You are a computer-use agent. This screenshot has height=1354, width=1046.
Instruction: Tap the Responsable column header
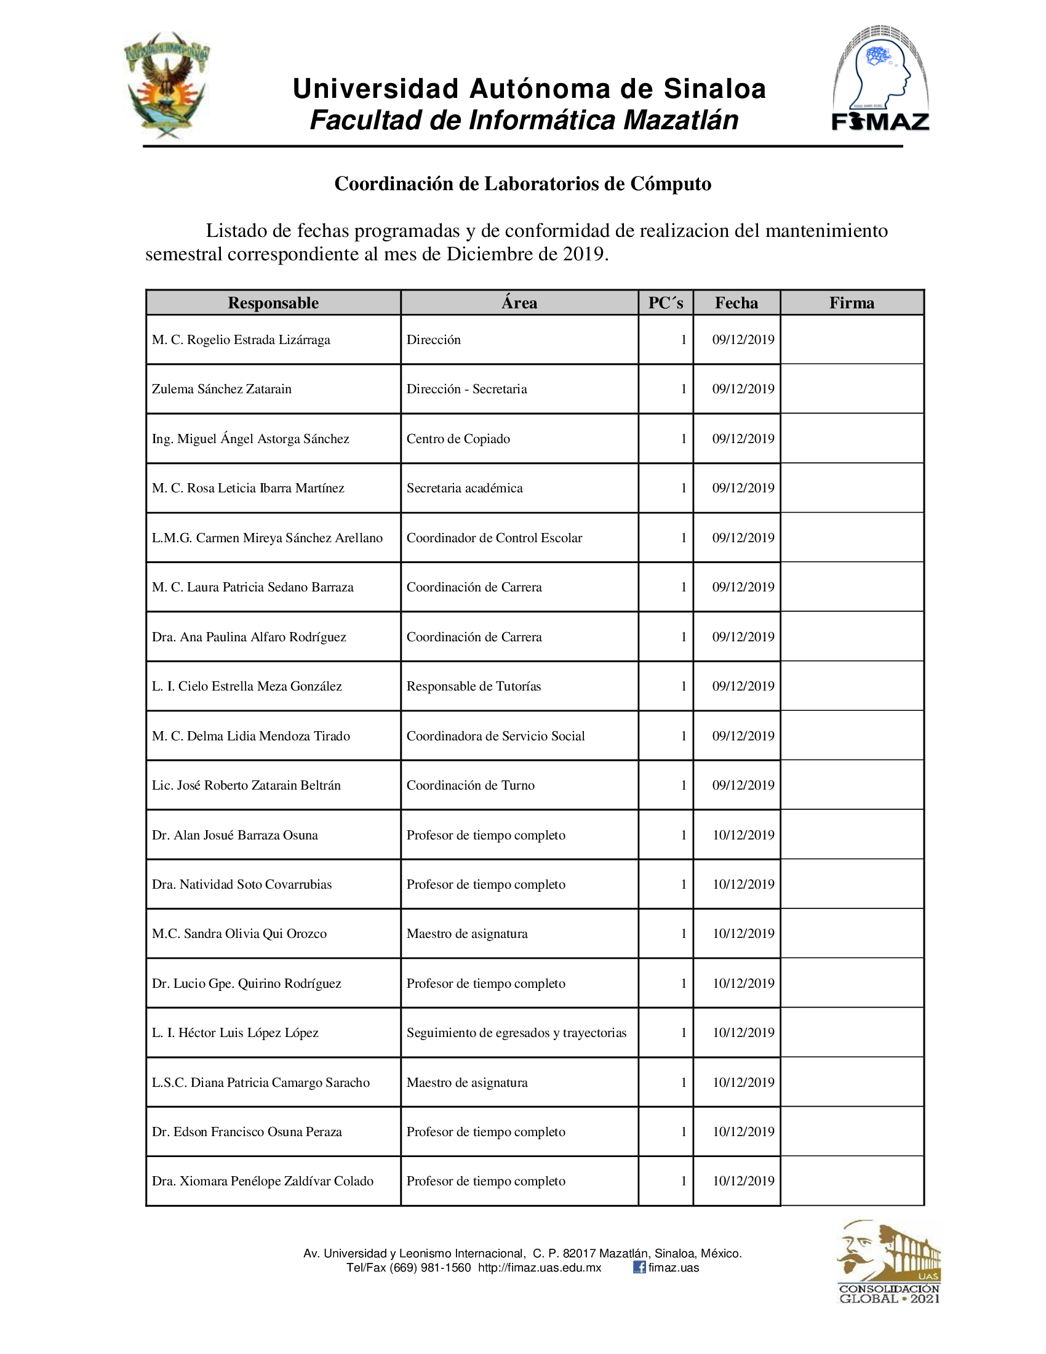[x=273, y=303]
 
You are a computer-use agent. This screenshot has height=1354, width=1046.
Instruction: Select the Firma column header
[x=852, y=303]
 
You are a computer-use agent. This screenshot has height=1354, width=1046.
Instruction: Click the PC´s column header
[x=666, y=303]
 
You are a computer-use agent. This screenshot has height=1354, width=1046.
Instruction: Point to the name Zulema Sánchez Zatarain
[x=222, y=390]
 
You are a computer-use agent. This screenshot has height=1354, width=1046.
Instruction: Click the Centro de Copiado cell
[x=458, y=439]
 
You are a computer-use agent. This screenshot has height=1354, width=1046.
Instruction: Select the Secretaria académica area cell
[x=464, y=489]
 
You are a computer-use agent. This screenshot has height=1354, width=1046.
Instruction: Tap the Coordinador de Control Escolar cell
[x=494, y=538]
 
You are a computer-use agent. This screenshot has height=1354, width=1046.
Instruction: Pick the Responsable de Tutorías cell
[x=473, y=686]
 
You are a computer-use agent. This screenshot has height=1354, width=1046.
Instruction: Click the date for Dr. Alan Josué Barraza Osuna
[x=743, y=835]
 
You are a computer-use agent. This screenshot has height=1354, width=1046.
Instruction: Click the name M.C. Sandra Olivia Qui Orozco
[x=239, y=934]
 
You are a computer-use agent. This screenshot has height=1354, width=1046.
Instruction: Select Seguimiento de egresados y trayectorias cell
[x=516, y=1033]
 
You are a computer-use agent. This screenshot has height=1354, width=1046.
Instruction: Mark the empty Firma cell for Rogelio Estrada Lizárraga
[x=852, y=340]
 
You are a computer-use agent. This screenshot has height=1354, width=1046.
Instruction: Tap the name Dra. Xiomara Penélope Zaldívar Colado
[x=263, y=1181]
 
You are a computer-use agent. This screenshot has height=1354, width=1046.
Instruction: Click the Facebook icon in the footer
[x=639, y=1267]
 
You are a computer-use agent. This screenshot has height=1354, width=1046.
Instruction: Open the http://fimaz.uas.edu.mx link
[x=539, y=1268]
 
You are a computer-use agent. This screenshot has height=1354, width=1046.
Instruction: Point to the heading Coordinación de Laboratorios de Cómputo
[x=522, y=184]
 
